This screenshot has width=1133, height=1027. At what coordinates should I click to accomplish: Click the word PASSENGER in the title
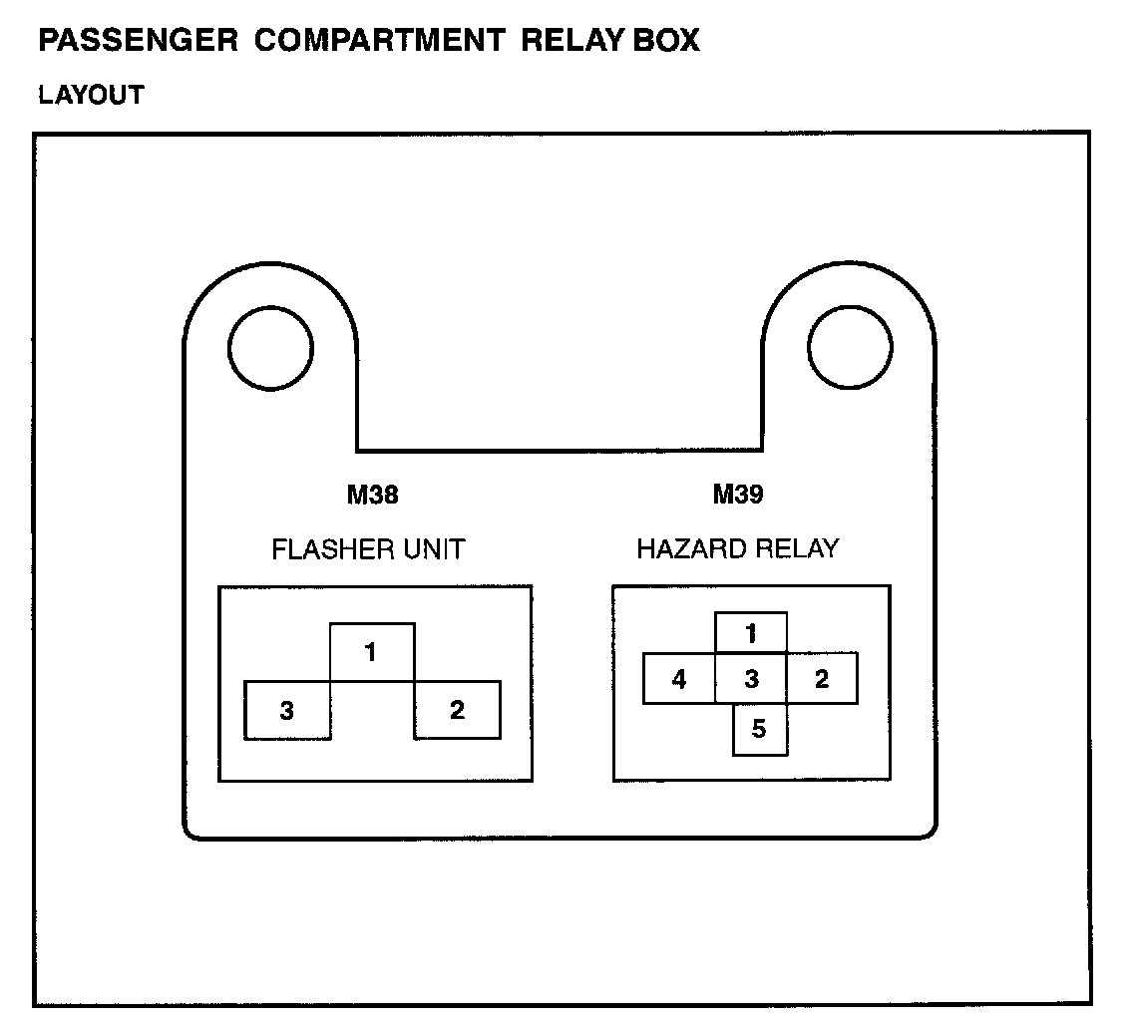[x=138, y=42]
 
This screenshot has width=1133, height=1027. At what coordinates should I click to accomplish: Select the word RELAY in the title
[x=571, y=42]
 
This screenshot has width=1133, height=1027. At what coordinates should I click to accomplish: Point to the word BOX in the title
[x=668, y=42]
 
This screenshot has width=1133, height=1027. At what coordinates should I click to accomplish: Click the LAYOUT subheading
[x=91, y=96]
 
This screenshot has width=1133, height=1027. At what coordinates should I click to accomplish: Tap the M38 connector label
[x=372, y=495]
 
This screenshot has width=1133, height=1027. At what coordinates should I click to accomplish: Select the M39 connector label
[x=738, y=495]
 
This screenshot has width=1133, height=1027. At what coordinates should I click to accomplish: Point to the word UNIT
[x=434, y=549]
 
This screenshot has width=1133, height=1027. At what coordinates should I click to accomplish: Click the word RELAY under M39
[x=798, y=548]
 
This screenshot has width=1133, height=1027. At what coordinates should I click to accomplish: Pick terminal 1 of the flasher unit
[x=371, y=654]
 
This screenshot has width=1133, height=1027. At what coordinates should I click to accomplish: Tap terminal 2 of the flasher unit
[x=457, y=711]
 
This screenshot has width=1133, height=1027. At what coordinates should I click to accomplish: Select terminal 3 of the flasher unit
[x=286, y=711]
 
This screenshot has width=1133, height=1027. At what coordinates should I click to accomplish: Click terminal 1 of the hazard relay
[x=751, y=633]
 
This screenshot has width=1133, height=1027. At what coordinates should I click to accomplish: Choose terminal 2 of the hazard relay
[x=822, y=680]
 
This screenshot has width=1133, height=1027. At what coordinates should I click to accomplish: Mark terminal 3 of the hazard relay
[x=751, y=680]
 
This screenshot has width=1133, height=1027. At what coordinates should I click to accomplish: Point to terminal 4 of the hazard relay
[x=679, y=680]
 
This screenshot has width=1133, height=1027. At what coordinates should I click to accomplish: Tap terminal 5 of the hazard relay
[x=759, y=729]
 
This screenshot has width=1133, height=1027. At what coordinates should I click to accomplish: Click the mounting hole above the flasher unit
[x=270, y=348]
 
